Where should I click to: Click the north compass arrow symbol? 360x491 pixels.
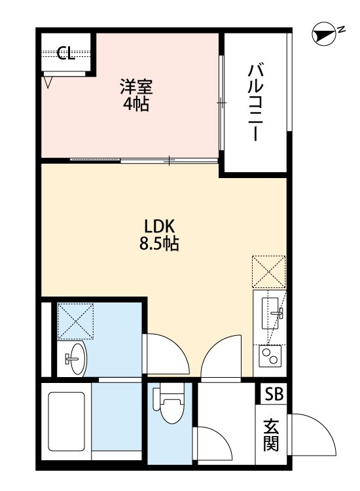(323, 35)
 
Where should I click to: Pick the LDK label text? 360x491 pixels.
(159, 227)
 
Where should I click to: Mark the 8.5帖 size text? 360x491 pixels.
(159, 245)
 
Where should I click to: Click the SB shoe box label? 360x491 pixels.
(274, 395)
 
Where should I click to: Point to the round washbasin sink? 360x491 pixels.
(76, 358)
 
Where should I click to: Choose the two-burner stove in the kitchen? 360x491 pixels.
(269, 357)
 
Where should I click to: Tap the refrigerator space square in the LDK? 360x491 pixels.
(269, 272)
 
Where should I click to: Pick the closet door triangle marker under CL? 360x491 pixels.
(49, 82)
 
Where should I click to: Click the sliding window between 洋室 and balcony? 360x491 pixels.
(222, 103)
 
